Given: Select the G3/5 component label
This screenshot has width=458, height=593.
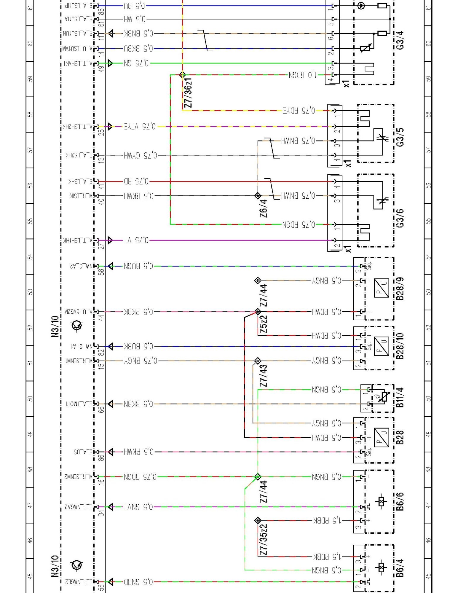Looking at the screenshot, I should pyautogui.click(x=400, y=137).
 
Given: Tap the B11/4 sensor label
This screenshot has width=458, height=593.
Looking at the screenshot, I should pyautogui.click(x=400, y=397).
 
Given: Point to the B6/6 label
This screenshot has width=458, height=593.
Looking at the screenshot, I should pyautogui.click(x=400, y=501).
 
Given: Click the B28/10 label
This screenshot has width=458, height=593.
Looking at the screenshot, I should pyautogui.click(x=400, y=346).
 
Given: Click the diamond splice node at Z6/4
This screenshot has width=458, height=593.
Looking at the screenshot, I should pyautogui.click(x=258, y=196).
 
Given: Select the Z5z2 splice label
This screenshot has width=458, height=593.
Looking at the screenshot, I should pyautogui.click(x=263, y=324).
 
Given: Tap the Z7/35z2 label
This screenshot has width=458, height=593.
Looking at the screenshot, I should pyautogui.click(x=263, y=539).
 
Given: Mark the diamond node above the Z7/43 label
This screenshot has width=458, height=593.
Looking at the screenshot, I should pyautogui.click(x=258, y=361).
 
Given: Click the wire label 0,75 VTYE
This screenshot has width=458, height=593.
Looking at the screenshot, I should pyautogui.click(x=140, y=127).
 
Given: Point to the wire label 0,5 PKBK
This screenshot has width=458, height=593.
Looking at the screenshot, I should pyautogui.click(x=139, y=312).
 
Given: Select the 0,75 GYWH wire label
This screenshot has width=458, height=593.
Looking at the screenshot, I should pyautogui.click(x=141, y=155).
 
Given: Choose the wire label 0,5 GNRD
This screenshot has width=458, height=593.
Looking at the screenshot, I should pyautogui.click(x=138, y=582).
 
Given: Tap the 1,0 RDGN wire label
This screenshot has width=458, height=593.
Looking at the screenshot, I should pyautogui.click(x=302, y=75).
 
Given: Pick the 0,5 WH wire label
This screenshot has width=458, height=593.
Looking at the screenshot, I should pyautogui.click(x=135, y=19).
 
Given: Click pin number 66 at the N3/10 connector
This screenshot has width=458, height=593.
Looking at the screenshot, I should pyautogui.click(x=101, y=409).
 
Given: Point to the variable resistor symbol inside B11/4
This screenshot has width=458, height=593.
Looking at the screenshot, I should pyautogui.click(x=384, y=397).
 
